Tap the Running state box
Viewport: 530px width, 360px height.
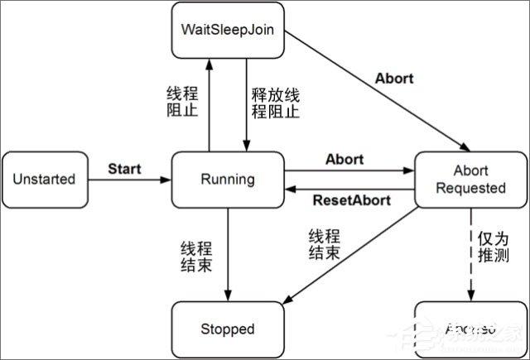227,179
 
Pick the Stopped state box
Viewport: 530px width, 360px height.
227,329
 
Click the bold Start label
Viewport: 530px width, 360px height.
124,169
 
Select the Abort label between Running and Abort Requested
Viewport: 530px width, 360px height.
345,158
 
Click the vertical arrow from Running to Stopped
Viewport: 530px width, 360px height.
227,252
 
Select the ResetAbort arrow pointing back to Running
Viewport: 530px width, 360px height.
348,189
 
